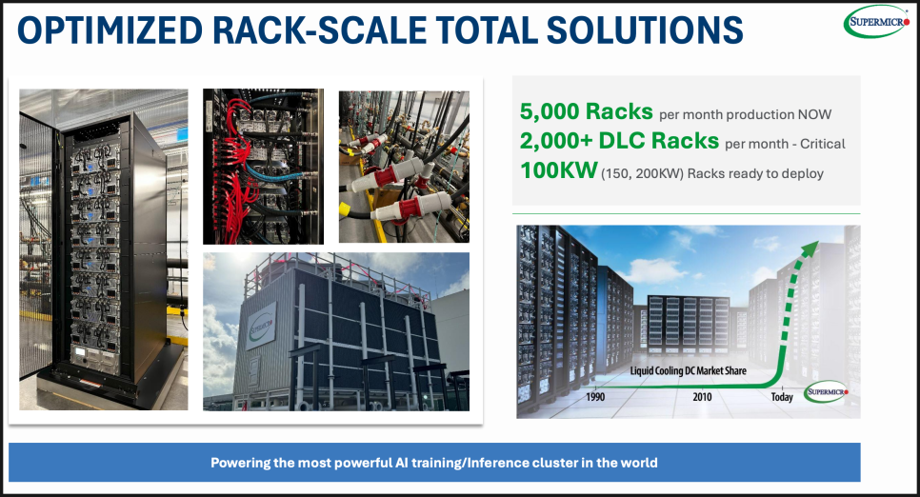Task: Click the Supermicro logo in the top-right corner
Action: pyautogui.click(x=876, y=22)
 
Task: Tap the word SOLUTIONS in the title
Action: pyautogui.click(x=645, y=30)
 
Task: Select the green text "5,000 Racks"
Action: pyautogui.click(x=586, y=111)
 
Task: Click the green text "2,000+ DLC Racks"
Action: pyautogui.click(x=619, y=141)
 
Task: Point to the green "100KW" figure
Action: pyautogui.click(x=558, y=170)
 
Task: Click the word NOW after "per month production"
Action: pyautogui.click(x=813, y=114)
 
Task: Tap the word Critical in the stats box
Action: pyautogui.click(x=823, y=144)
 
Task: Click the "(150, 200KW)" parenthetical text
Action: pyautogui.click(x=642, y=173)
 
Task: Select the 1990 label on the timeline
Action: pyautogui.click(x=595, y=397)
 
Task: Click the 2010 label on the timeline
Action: pyautogui.click(x=702, y=397)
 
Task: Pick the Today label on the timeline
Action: pyautogui.click(x=782, y=397)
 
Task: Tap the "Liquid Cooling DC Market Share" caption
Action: pyautogui.click(x=689, y=370)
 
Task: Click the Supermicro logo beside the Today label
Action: pyautogui.click(x=826, y=392)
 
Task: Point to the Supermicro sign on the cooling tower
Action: pyautogui.click(x=261, y=326)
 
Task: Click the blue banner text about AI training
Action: pyautogui.click(x=434, y=463)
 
